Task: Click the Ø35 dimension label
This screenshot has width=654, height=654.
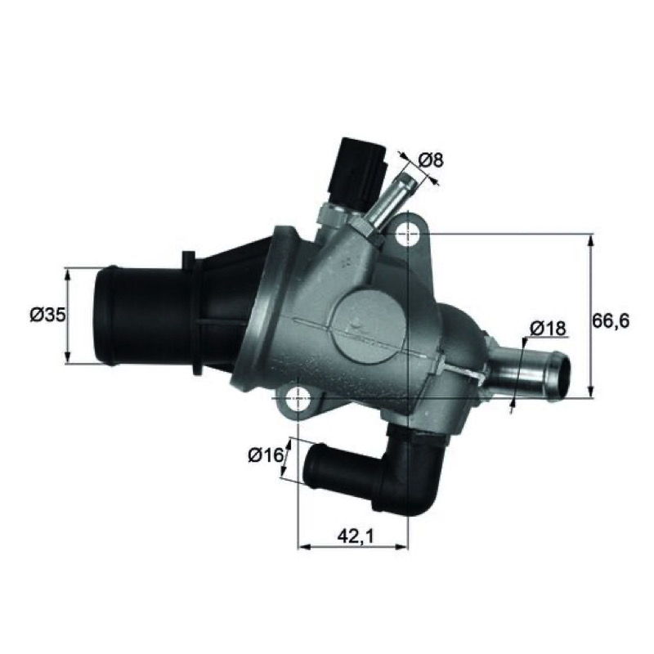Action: click(x=47, y=316)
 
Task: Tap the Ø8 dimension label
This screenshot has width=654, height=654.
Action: click(x=431, y=159)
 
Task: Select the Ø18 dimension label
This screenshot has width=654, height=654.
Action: click(x=548, y=329)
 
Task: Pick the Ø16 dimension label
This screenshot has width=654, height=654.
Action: click(x=266, y=455)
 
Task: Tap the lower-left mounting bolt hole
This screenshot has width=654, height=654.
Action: click(x=299, y=398)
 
